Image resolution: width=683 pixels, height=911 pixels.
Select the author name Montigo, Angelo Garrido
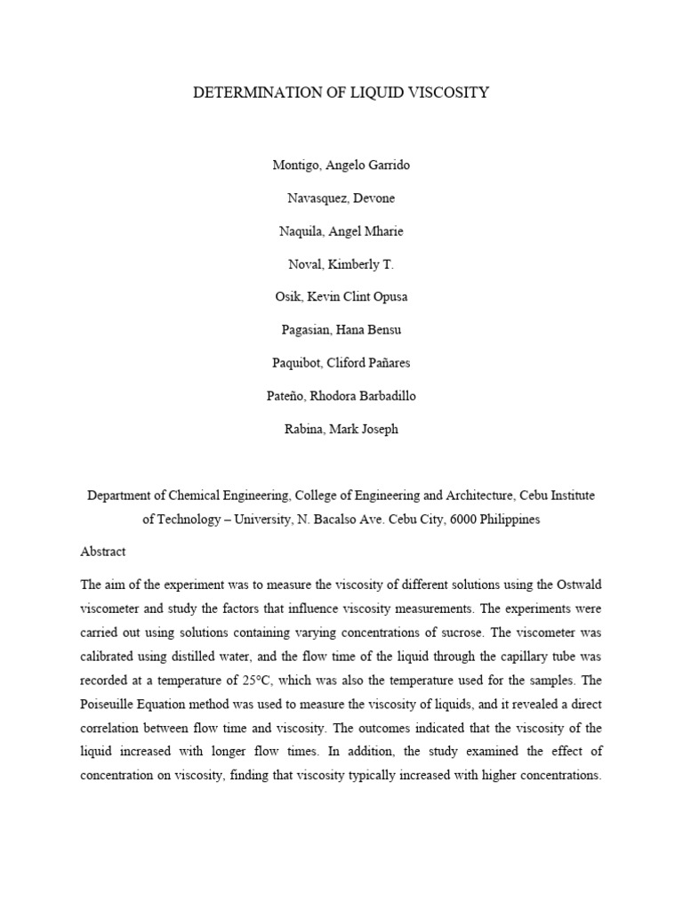coord(341,165)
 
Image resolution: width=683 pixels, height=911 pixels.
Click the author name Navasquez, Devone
coord(341,198)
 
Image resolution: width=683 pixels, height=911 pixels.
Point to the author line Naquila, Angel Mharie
coord(341,231)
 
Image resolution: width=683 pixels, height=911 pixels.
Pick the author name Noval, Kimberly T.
coord(341,264)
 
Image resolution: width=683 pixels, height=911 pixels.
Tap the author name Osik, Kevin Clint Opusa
coord(341,297)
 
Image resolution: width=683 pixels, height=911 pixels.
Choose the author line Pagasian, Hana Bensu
coord(341,330)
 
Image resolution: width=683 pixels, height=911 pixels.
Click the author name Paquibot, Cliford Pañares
coord(341,363)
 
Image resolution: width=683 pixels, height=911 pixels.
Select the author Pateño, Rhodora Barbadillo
coord(341,396)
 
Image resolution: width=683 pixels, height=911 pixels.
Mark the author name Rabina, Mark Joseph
coord(341,429)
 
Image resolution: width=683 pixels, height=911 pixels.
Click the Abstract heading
coord(103,552)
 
